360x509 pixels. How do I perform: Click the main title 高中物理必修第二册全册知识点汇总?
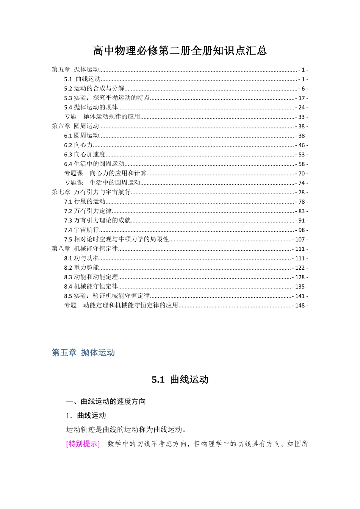(x=180, y=51)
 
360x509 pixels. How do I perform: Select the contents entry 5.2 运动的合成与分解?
(x=94, y=89)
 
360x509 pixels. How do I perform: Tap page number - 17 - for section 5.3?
(x=302, y=98)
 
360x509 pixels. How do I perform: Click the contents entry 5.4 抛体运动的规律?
(x=91, y=108)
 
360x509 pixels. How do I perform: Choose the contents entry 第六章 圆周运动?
(x=75, y=126)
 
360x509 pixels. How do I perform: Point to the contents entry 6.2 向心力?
(x=78, y=145)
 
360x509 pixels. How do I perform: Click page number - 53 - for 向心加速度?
(x=302, y=155)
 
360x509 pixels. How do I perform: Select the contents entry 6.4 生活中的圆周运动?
(x=94, y=164)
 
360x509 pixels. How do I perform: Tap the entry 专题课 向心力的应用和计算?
(x=105, y=173)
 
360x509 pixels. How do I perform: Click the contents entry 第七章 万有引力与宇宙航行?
(x=91, y=192)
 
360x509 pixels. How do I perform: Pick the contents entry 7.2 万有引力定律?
(x=88, y=211)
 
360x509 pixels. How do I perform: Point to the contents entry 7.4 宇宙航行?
(x=81, y=230)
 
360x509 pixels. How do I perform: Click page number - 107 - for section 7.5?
(x=301, y=239)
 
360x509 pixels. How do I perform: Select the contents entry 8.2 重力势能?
(x=81, y=268)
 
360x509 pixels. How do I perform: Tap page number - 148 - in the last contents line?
(x=301, y=305)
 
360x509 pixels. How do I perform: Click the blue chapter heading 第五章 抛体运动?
(x=83, y=353)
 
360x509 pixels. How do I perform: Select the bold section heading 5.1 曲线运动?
(x=180, y=380)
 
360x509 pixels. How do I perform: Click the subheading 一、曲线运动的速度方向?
(x=106, y=401)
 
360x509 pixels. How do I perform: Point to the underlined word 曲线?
(x=110, y=430)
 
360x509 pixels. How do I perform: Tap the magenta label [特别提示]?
(x=83, y=444)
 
